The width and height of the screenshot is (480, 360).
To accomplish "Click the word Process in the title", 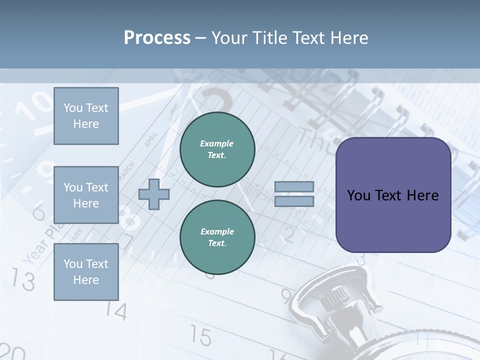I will (157, 37).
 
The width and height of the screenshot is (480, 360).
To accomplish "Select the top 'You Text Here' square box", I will (86, 116).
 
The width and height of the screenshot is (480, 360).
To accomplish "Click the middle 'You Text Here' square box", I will (86, 195).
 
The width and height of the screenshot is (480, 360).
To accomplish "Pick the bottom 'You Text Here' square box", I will (86, 272).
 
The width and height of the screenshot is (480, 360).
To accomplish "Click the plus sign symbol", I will (154, 194).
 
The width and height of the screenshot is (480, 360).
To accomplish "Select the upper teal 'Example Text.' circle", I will (217, 149).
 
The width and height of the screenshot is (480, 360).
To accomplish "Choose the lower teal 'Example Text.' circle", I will (217, 237).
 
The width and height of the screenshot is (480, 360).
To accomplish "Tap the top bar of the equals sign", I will (294, 186).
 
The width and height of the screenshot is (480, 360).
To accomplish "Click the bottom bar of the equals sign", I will (294, 201).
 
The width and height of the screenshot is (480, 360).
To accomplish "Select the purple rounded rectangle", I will (393, 195).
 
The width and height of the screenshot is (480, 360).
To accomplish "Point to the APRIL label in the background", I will (151, 140).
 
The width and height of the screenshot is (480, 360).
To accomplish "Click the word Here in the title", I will (346, 37).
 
